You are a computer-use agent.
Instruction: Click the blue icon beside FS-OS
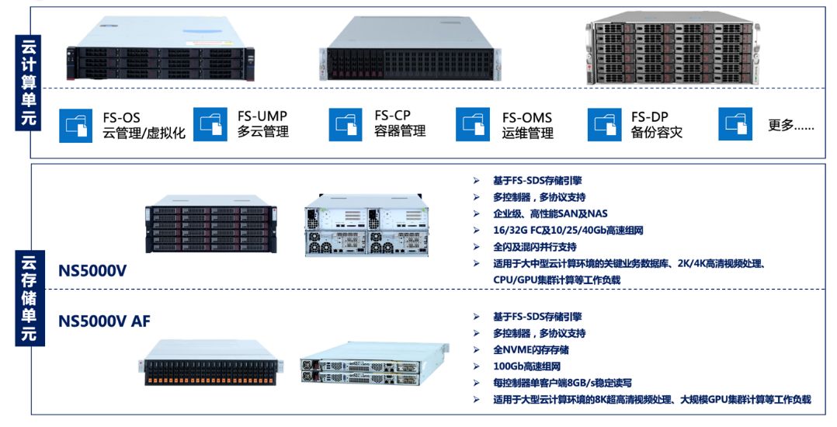75,126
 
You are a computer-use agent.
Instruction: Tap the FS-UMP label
262,116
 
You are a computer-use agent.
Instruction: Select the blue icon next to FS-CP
346,124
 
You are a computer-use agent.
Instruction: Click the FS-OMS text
527,117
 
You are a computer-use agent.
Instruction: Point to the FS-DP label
650,116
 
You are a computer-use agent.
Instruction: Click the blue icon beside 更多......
735,124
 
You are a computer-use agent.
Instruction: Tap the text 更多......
791,125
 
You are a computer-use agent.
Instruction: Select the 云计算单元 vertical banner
28,82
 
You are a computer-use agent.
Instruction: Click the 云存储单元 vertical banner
30,298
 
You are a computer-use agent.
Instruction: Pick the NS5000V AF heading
104,321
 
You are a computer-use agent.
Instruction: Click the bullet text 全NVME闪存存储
530,349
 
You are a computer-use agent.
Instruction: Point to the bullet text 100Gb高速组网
526,366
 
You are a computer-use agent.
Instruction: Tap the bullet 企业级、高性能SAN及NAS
550,213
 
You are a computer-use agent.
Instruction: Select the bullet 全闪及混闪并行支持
535,247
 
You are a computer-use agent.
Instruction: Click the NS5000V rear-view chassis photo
366,225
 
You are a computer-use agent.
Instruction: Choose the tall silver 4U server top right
672,48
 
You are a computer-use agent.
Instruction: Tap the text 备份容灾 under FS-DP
657,132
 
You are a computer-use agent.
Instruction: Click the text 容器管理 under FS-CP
401,130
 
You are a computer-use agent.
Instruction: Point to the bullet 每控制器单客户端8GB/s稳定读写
563,383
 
